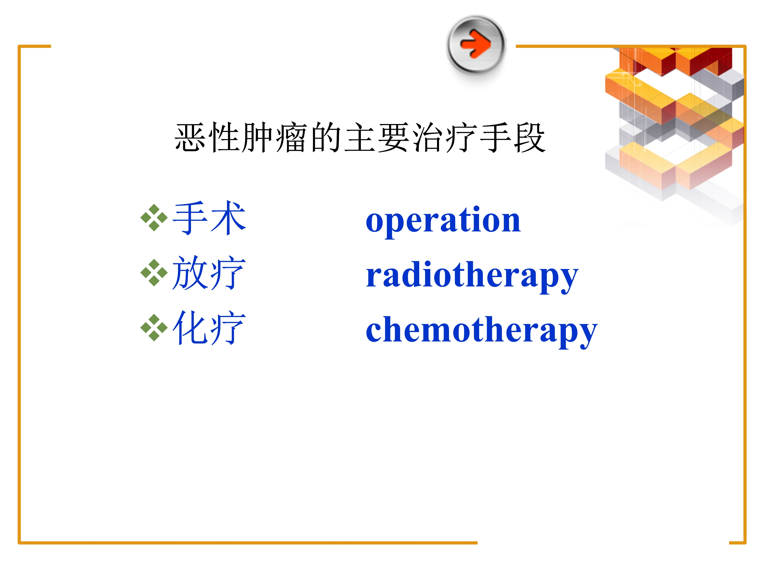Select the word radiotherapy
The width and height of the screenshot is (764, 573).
pos(472,276)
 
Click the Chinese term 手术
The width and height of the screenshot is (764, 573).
pos(209,218)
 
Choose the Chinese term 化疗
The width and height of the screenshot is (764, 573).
pos(209,328)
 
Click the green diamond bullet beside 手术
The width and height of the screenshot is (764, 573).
pos(154,217)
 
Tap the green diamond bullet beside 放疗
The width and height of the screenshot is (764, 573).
pos(154,273)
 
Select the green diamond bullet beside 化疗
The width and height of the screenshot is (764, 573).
pos(154,328)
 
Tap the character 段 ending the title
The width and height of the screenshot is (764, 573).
pos(529,138)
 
